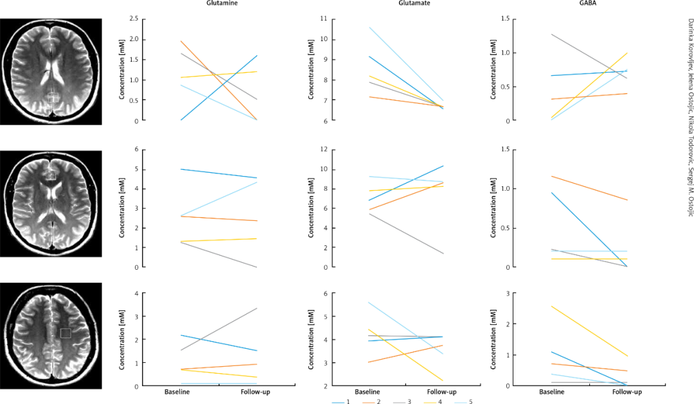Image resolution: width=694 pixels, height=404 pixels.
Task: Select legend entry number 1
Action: [x=341, y=401]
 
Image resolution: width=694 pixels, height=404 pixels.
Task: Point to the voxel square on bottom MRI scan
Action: [x=66, y=333]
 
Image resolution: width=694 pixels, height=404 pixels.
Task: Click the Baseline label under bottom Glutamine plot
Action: [x=177, y=391]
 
